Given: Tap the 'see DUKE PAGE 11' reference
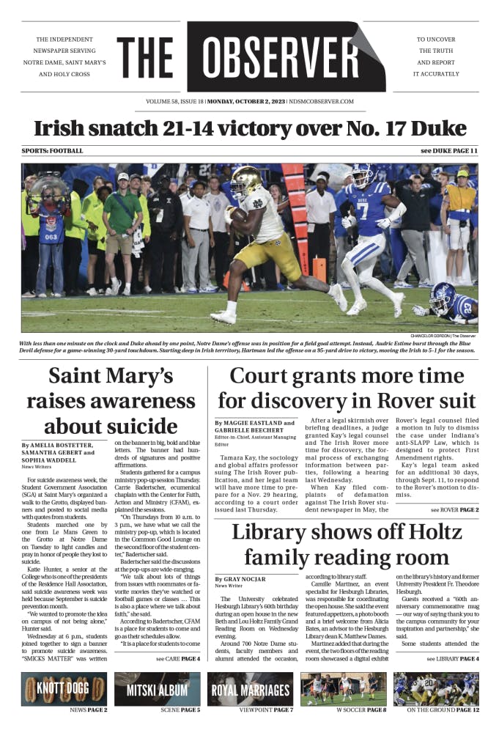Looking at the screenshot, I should pos(448,151).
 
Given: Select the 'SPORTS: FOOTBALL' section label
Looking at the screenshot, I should pos(53,151).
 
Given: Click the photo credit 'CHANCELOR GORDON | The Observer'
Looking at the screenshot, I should pos(443,336).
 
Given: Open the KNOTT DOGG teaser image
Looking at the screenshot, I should pos(64,689).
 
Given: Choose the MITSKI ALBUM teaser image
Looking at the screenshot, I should pos(157,689).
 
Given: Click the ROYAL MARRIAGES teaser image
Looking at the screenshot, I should pos(251,689).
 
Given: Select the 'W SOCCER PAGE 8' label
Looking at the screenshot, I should pos(361,710).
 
